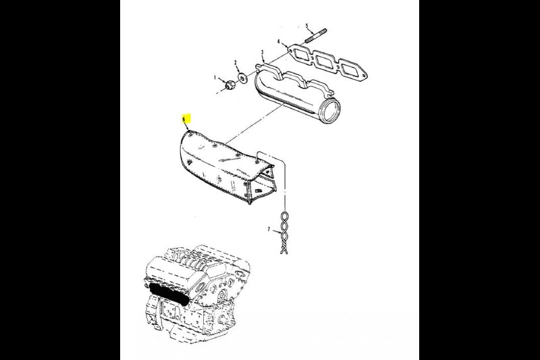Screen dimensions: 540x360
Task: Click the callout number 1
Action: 215,78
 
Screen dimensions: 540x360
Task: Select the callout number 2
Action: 236,63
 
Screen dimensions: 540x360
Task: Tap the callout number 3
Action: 263,53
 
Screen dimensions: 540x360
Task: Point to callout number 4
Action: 278,42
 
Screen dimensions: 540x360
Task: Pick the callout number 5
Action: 307,26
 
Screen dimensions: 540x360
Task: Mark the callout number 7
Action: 269,229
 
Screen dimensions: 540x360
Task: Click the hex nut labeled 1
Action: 230,84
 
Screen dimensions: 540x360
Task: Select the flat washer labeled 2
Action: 242,78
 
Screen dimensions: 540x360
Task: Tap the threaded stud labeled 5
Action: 315,36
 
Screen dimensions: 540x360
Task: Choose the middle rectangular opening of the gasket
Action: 325,61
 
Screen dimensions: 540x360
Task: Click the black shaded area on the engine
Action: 170,294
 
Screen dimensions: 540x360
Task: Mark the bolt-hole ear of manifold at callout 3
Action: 260,66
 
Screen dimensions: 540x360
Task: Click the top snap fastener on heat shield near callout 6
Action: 190,133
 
